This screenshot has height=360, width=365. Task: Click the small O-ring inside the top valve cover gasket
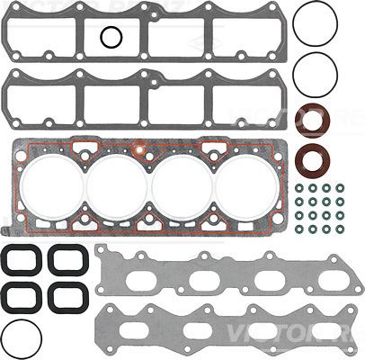111,37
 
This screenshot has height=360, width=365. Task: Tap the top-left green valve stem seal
299,188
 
